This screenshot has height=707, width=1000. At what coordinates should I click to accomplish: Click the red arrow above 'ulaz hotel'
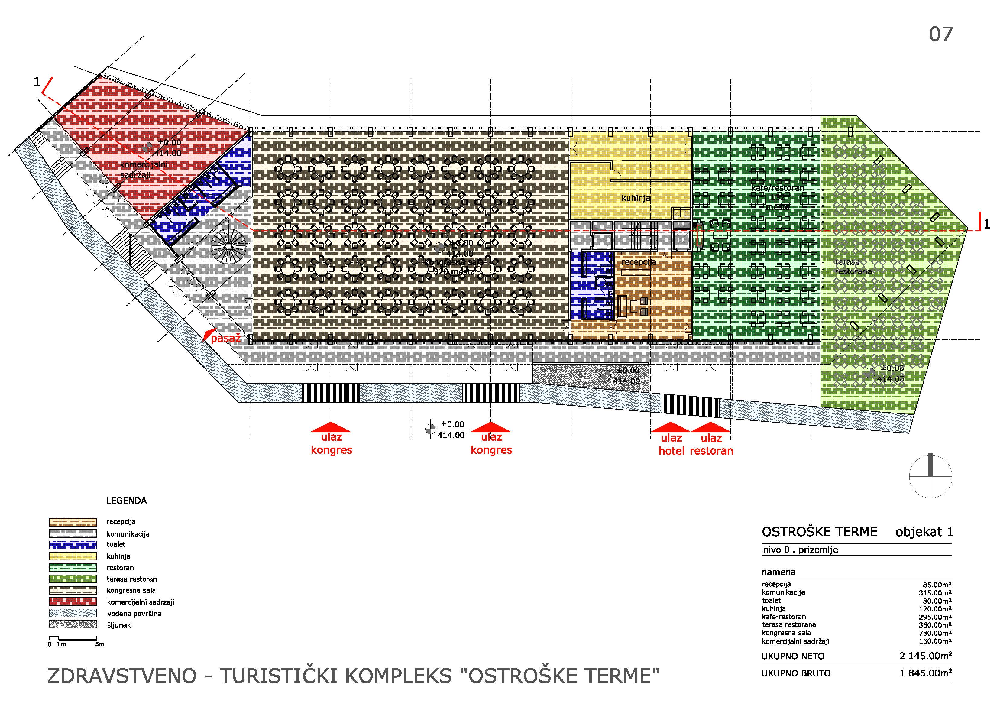point(670,427)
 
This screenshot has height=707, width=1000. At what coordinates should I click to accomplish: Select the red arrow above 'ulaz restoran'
point(710,427)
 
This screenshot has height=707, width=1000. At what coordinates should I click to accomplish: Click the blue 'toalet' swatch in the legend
point(73,544)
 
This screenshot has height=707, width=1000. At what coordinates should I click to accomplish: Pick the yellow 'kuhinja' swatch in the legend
point(73,556)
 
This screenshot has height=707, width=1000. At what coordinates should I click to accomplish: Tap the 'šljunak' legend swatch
point(73,625)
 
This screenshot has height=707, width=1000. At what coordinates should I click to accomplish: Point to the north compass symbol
point(931,476)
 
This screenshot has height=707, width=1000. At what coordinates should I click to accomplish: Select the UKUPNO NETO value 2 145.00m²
point(926,656)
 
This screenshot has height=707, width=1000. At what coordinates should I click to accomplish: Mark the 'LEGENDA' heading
point(126,501)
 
